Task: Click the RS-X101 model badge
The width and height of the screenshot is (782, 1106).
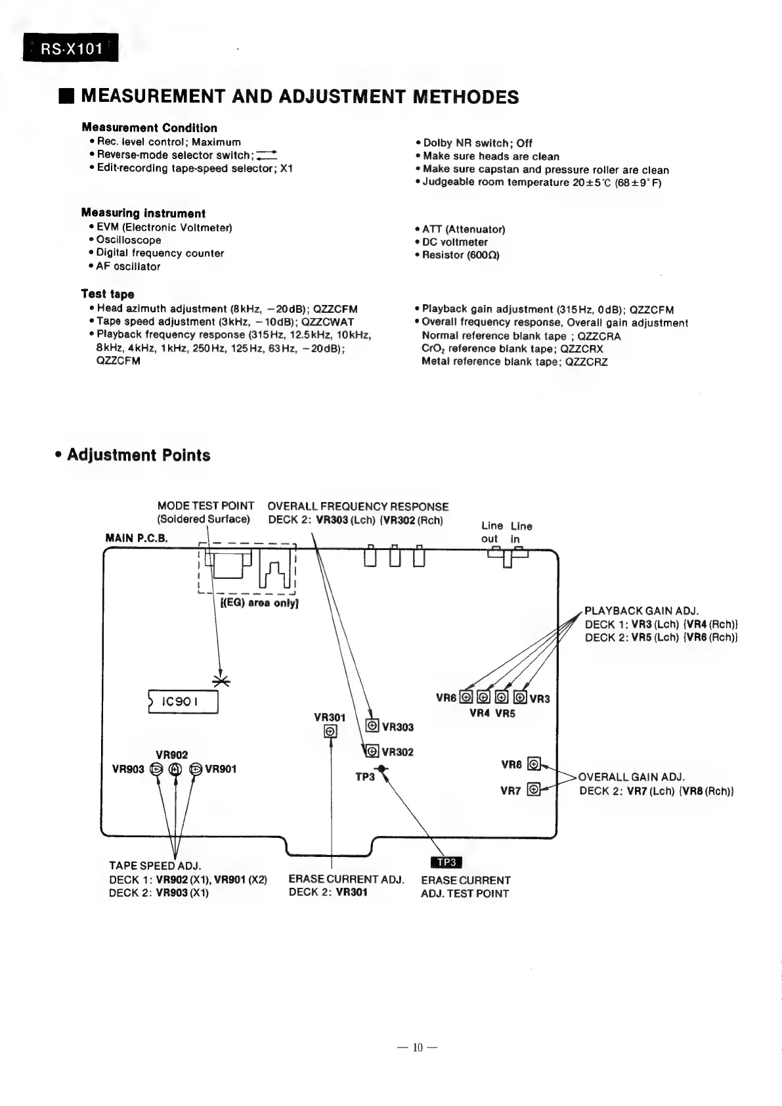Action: point(71,48)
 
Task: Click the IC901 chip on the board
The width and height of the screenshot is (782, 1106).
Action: point(183,702)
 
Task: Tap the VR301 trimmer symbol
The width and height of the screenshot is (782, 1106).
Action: point(331,731)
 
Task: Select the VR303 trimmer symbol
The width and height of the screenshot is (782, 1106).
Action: point(372,726)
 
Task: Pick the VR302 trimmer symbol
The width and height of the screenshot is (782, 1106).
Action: point(372,751)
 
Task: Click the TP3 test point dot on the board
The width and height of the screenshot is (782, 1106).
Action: point(381,770)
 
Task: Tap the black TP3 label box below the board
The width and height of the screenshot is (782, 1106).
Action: point(446,862)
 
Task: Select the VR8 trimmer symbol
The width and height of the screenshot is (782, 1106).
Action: point(534,764)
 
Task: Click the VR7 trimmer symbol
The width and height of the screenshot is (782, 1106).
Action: point(534,789)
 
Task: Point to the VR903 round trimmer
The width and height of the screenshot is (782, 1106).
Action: point(156,770)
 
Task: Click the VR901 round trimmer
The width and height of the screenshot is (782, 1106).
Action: point(196,770)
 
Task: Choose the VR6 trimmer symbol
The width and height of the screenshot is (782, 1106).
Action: point(466,697)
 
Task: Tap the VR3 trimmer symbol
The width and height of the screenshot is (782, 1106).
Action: point(520,697)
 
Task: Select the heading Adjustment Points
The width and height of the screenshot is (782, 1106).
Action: point(138,455)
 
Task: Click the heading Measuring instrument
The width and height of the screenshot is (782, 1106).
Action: point(143,213)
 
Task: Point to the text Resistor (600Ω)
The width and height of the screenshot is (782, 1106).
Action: point(460,255)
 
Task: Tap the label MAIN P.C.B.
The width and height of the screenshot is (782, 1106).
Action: point(137,538)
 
